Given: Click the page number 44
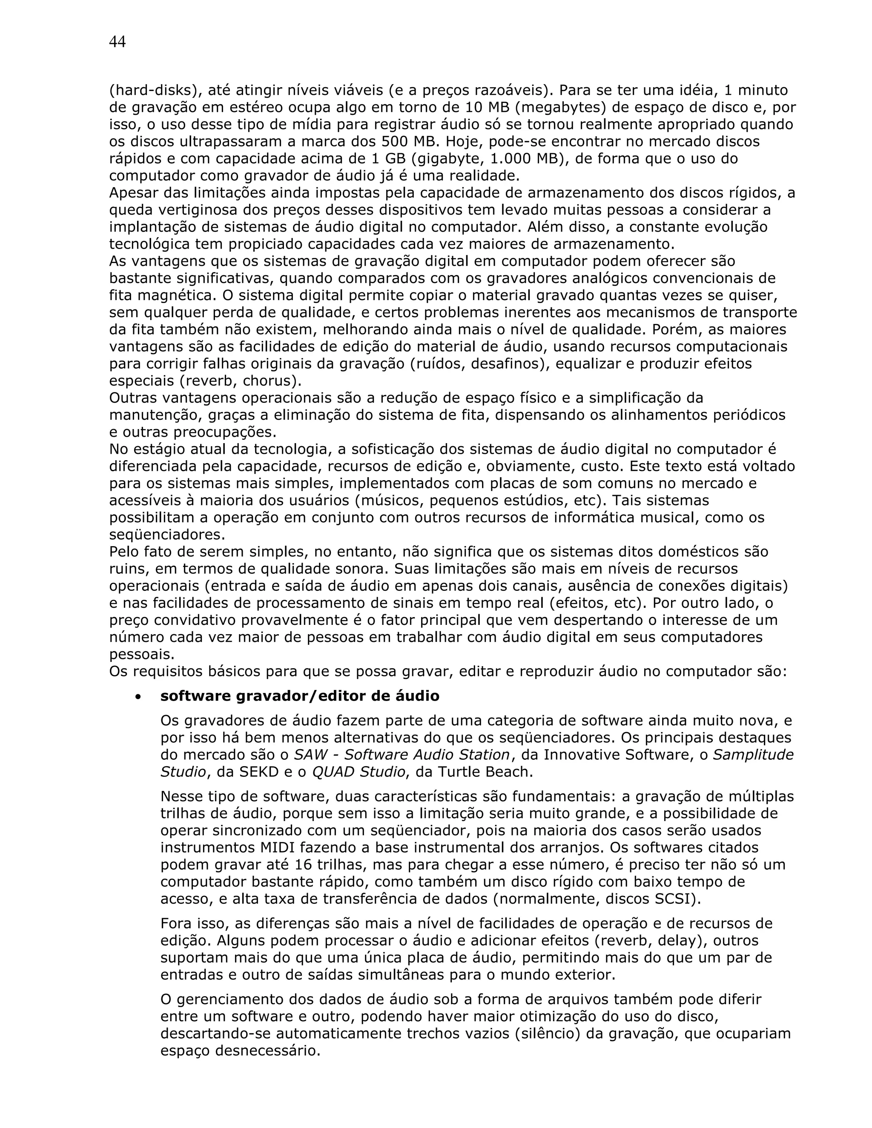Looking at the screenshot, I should [x=117, y=42].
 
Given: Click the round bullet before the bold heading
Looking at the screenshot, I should [x=138, y=697].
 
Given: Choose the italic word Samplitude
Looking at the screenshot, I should [x=753, y=755].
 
